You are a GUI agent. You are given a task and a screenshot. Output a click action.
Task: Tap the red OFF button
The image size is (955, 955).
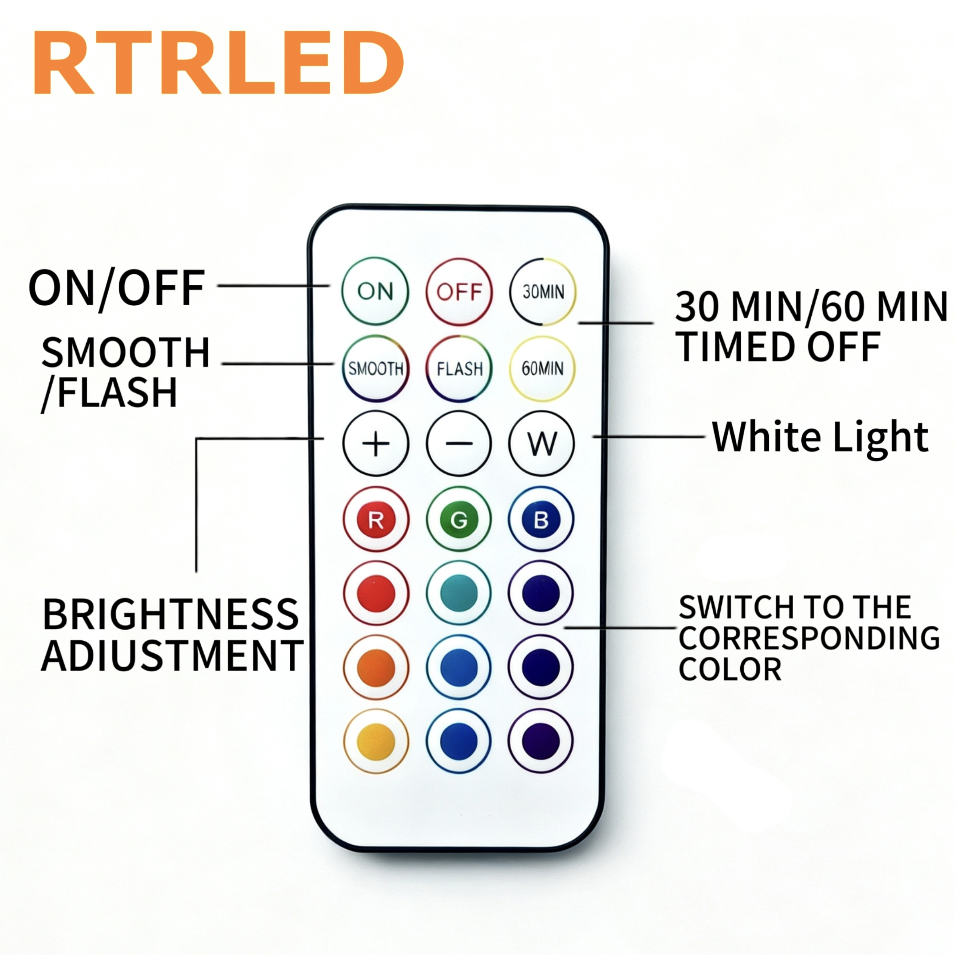click(x=459, y=292)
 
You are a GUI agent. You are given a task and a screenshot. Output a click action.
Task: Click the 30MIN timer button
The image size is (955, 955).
click(x=543, y=292)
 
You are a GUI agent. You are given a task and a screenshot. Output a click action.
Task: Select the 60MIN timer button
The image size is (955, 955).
click(x=542, y=368)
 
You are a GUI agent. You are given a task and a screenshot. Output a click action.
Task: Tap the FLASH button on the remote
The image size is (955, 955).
click(x=459, y=368)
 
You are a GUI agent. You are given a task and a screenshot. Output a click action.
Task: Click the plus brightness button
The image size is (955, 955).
click(x=376, y=443)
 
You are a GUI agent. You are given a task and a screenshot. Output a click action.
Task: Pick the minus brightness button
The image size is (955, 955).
click(x=459, y=443)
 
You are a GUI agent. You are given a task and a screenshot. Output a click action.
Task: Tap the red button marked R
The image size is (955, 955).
click(x=376, y=520)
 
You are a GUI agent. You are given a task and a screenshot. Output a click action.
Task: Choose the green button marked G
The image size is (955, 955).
click(x=459, y=520)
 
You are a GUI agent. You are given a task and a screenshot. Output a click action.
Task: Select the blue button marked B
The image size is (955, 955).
click(x=541, y=520)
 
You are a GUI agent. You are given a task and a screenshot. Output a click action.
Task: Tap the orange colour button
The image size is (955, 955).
click(x=376, y=668)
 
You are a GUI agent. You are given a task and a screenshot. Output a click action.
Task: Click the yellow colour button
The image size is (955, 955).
click(x=376, y=742)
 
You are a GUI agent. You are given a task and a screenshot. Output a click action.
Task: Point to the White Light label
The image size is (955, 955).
click(x=821, y=437)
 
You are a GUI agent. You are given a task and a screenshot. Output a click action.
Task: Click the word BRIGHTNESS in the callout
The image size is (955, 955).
click(x=171, y=614)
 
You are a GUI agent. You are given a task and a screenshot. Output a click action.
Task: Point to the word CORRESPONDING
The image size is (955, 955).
click(x=809, y=638)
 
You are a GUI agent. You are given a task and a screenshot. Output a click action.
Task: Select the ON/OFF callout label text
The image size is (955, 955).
click(x=117, y=289)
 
